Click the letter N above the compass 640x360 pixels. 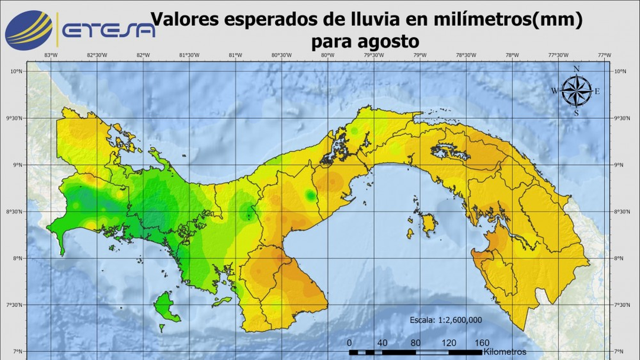coord(576,69)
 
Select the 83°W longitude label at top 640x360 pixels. coord(51,55)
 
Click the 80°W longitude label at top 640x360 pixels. coord(327,55)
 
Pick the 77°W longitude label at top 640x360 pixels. coord(604,55)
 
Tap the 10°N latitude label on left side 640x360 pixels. coord(17,71)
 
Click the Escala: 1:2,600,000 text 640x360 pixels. coord(446,320)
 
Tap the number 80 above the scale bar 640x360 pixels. coord(415,343)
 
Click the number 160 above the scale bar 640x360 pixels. coord(482,343)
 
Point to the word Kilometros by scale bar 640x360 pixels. coord(505,352)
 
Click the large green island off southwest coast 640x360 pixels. coord(166,309)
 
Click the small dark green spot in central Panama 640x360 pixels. coord(310,195)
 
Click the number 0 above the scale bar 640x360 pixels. coord(349,343)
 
